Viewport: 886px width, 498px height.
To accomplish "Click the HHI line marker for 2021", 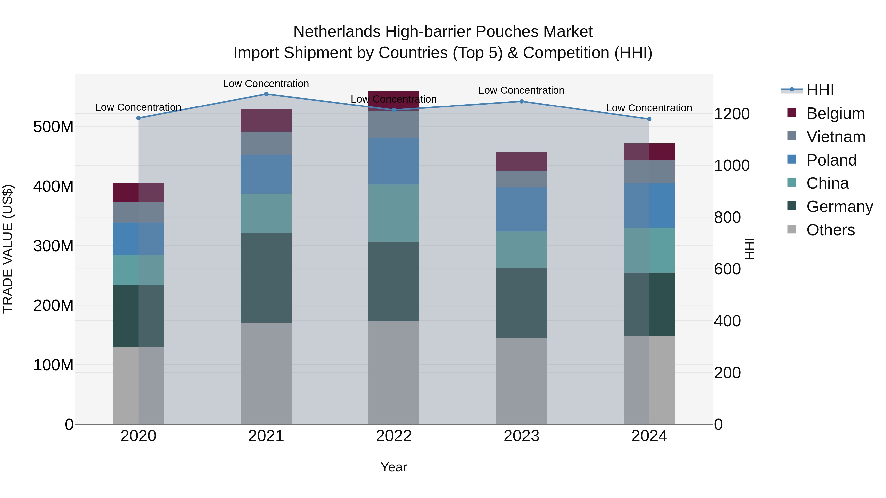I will pos(266,94).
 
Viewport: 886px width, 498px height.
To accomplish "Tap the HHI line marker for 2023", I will pos(522,101).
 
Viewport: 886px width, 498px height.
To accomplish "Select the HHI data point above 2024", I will pos(649,119).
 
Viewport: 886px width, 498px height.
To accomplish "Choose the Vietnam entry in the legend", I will pos(836,137).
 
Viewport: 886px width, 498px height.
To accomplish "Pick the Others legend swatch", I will pos(792,229).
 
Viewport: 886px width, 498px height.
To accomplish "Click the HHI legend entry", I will pos(820,90).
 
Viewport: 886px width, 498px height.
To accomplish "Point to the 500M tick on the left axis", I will pos(53,127).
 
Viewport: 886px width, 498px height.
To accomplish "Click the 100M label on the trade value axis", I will pos(53,365).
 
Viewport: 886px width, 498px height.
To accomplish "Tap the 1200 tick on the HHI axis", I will pos(732,114).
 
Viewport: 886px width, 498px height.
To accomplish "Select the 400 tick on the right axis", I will pos(727,321).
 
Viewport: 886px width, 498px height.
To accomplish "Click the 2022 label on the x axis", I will pos(394,436).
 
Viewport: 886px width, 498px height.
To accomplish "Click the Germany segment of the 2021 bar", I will pos(266,278).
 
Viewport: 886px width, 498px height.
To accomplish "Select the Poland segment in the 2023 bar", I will pos(522,209).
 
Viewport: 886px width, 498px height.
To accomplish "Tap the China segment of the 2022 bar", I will pos(394,213).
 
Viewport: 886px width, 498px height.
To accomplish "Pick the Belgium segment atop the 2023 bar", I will pos(522,162).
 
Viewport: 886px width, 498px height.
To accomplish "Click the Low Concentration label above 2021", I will pos(266,84).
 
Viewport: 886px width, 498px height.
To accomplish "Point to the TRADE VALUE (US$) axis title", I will pos(8,249).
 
